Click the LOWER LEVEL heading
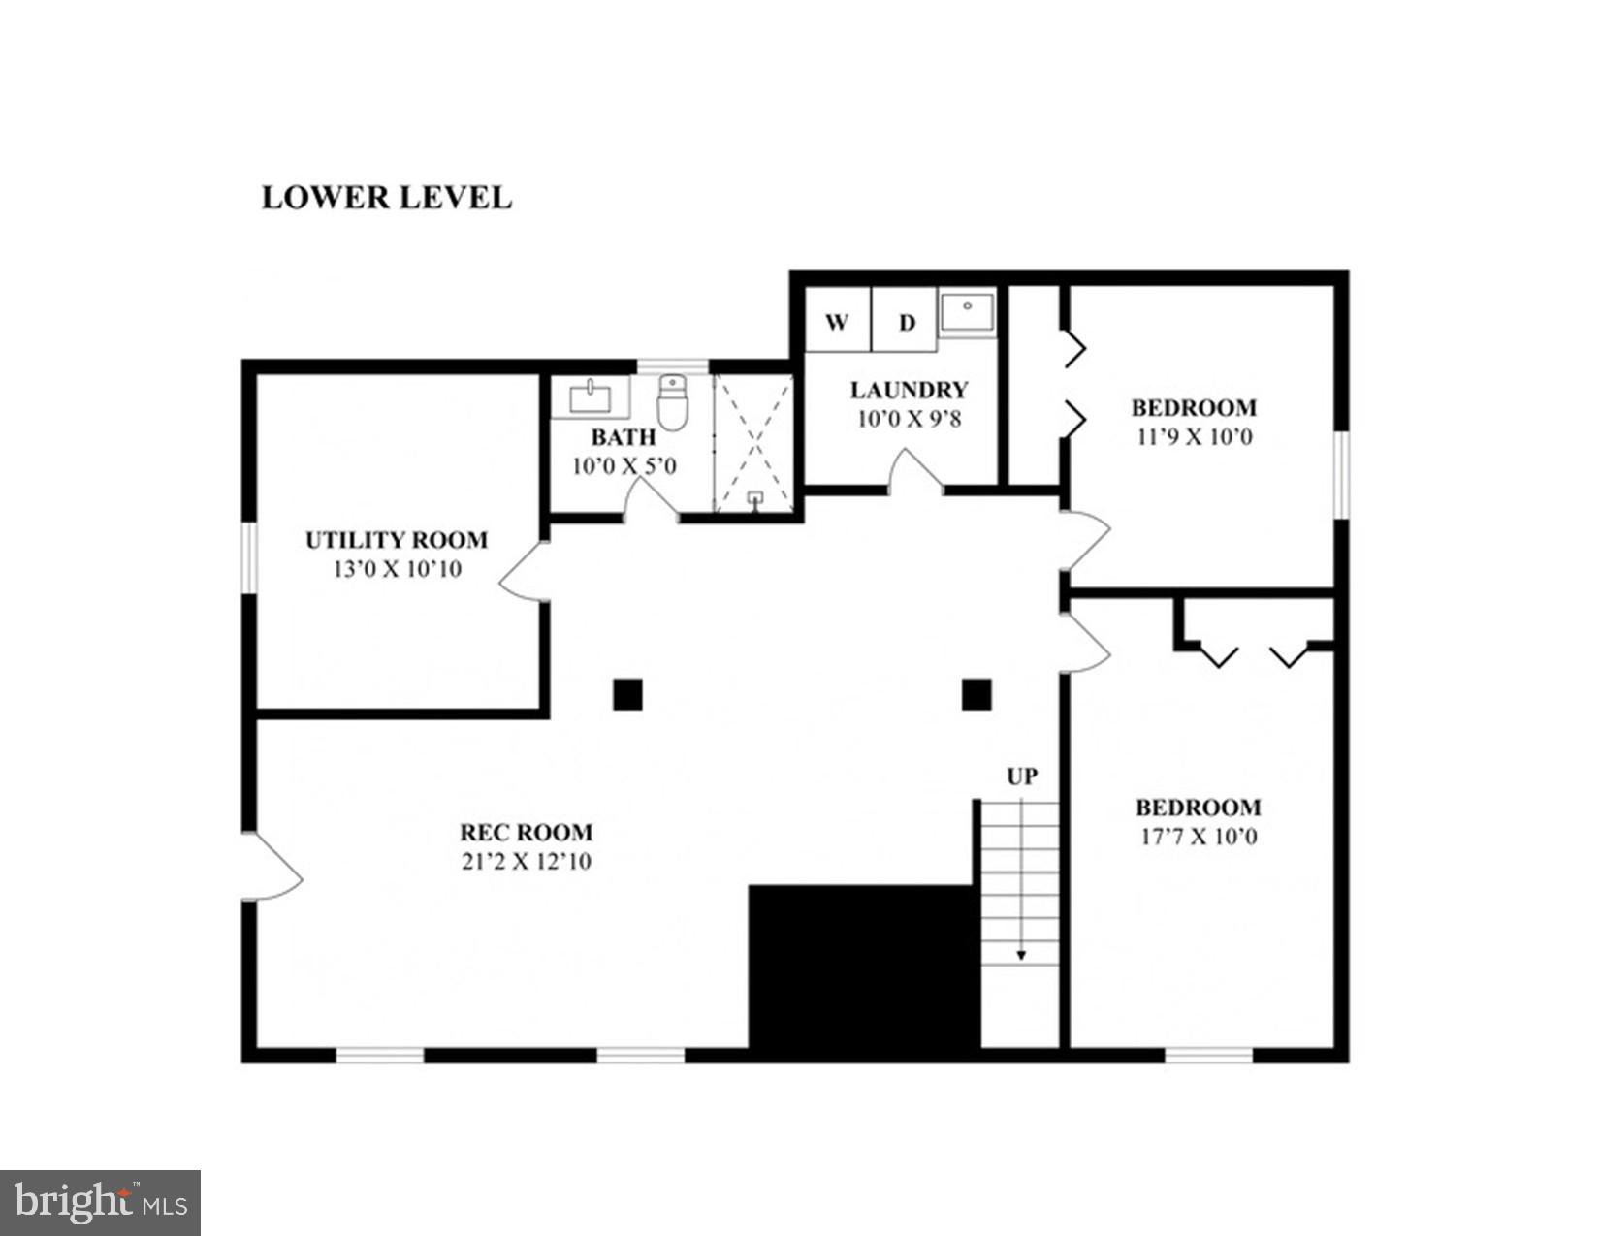pos(386,198)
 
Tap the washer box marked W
pos(837,322)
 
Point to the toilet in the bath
pos(672,402)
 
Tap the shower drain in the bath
pos(754,498)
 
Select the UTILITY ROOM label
pos(397,540)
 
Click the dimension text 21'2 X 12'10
pos(527,861)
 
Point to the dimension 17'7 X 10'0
pos(1199,837)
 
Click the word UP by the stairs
pos(1021,776)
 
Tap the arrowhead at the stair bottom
pos(1021,956)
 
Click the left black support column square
pos(627,694)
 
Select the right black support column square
pos(976,694)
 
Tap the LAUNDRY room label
pos(909,390)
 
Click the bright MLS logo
pos(100,1203)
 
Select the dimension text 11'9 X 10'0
pos(1195,437)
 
